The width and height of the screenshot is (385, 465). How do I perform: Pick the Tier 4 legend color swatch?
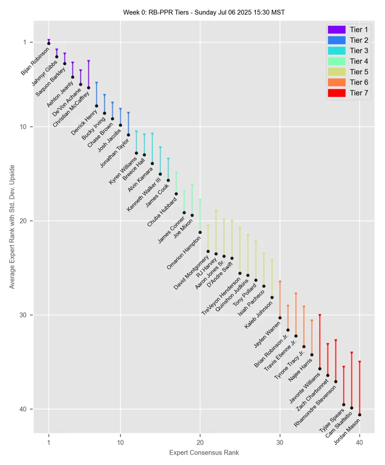coord(336,61)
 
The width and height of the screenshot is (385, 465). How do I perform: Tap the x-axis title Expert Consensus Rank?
coord(204,453)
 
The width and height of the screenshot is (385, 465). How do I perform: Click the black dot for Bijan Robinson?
coord(49,43)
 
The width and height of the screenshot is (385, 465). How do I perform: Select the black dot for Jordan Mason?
coord(360,415)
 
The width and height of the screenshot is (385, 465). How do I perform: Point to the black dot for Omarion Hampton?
coord(200,233)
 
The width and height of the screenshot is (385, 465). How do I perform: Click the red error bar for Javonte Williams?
coord(320,341)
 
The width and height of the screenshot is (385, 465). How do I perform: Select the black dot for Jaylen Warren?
coord(280,318)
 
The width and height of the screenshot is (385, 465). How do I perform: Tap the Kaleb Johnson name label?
coord(259,316)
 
